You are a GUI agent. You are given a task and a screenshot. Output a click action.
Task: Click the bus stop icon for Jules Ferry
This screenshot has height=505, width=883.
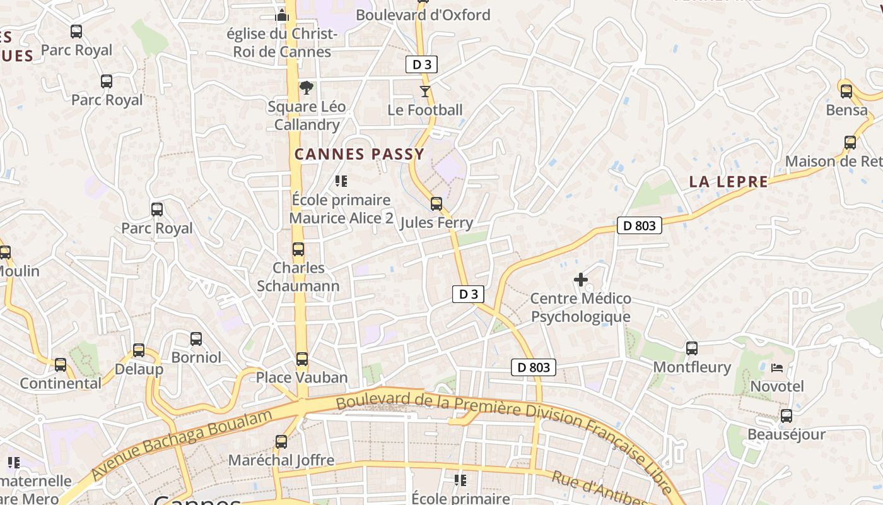tap(436, 204)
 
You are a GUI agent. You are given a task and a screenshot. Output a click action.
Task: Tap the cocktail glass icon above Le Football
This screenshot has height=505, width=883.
tap(425, 92)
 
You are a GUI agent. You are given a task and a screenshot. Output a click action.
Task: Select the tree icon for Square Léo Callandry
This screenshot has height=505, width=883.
tap(307, 88)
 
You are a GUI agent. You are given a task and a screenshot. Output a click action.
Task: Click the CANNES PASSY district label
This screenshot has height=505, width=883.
tap(360, 154)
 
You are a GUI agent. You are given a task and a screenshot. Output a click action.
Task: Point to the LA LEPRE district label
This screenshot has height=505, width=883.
tap(728, 182)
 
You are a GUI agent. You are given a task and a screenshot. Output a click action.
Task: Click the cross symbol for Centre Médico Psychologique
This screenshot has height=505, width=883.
tap(581, 279)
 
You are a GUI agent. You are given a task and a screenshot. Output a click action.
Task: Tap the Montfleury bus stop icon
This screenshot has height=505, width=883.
tap(692, 348)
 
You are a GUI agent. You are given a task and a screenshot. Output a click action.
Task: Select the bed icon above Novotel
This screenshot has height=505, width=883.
tap(777, 367)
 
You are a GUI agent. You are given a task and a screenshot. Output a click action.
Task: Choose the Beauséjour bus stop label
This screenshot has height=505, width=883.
tap(786, 434)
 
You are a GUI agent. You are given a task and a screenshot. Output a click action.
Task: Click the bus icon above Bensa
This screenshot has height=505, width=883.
tap(846, 91)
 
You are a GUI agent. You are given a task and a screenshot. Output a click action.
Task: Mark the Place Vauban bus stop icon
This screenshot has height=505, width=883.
tap(302, 359)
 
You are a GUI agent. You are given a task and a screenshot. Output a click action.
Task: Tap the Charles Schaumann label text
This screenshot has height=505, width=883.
tap(298, 276)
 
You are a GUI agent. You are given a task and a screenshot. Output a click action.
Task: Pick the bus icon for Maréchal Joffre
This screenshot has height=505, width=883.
tap(281, 442)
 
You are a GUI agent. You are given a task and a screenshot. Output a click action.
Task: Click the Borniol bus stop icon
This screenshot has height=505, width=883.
tap(196, 339)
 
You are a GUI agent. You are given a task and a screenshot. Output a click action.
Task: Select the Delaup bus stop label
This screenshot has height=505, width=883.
tap(139, 369)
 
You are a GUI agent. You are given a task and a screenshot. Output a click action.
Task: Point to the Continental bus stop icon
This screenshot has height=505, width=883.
tap(61, 365)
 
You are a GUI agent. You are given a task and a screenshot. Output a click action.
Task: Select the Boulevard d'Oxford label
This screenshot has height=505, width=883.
tap(423, 15)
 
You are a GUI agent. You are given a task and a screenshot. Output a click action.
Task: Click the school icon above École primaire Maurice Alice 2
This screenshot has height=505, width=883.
tap(341, 182)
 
